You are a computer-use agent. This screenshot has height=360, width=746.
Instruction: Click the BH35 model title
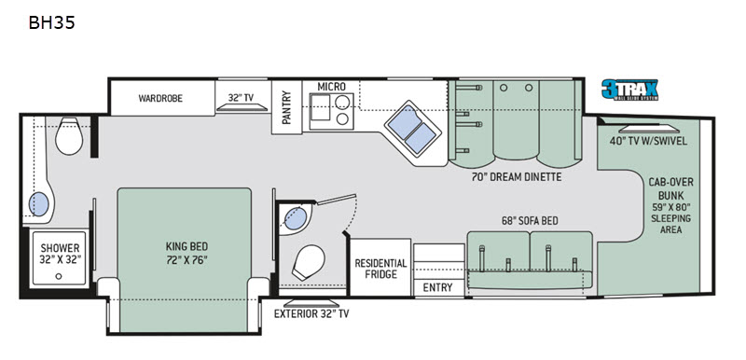pos(52,22)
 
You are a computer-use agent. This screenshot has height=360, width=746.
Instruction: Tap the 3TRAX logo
pos(629,90)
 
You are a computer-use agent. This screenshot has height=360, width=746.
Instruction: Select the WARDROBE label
pos(160,99)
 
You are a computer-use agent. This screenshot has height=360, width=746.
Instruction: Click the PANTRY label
pos(286,107)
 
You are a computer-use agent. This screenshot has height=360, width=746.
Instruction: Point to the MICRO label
pos(332,87)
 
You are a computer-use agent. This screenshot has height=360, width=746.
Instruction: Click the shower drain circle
pos(59,276)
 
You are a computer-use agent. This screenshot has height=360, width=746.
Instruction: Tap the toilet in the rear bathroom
pos(69,136)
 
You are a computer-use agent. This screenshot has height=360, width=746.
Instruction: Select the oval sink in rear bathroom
pos(39,205)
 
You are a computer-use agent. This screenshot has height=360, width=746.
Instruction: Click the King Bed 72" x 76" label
pos(186,254)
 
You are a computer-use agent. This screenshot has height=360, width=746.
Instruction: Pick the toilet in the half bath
pos(310,262)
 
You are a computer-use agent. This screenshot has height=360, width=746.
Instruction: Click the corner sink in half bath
pos(296,218)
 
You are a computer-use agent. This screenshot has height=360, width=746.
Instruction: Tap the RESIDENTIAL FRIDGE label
pos(381,269)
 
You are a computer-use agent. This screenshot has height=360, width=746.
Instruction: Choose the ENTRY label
pos(437,287)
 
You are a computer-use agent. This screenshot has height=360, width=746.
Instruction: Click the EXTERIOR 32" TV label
pos(311,314)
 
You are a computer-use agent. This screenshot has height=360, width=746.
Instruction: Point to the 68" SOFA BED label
pos(530,221)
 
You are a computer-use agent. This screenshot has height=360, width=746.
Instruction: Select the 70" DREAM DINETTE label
pos(517,177)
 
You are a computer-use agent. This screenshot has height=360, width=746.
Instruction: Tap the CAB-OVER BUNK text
pos(670,188)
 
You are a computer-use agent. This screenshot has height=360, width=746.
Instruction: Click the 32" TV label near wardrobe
pos(241,98)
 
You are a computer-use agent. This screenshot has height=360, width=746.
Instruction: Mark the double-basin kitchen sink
pos(412,127)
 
